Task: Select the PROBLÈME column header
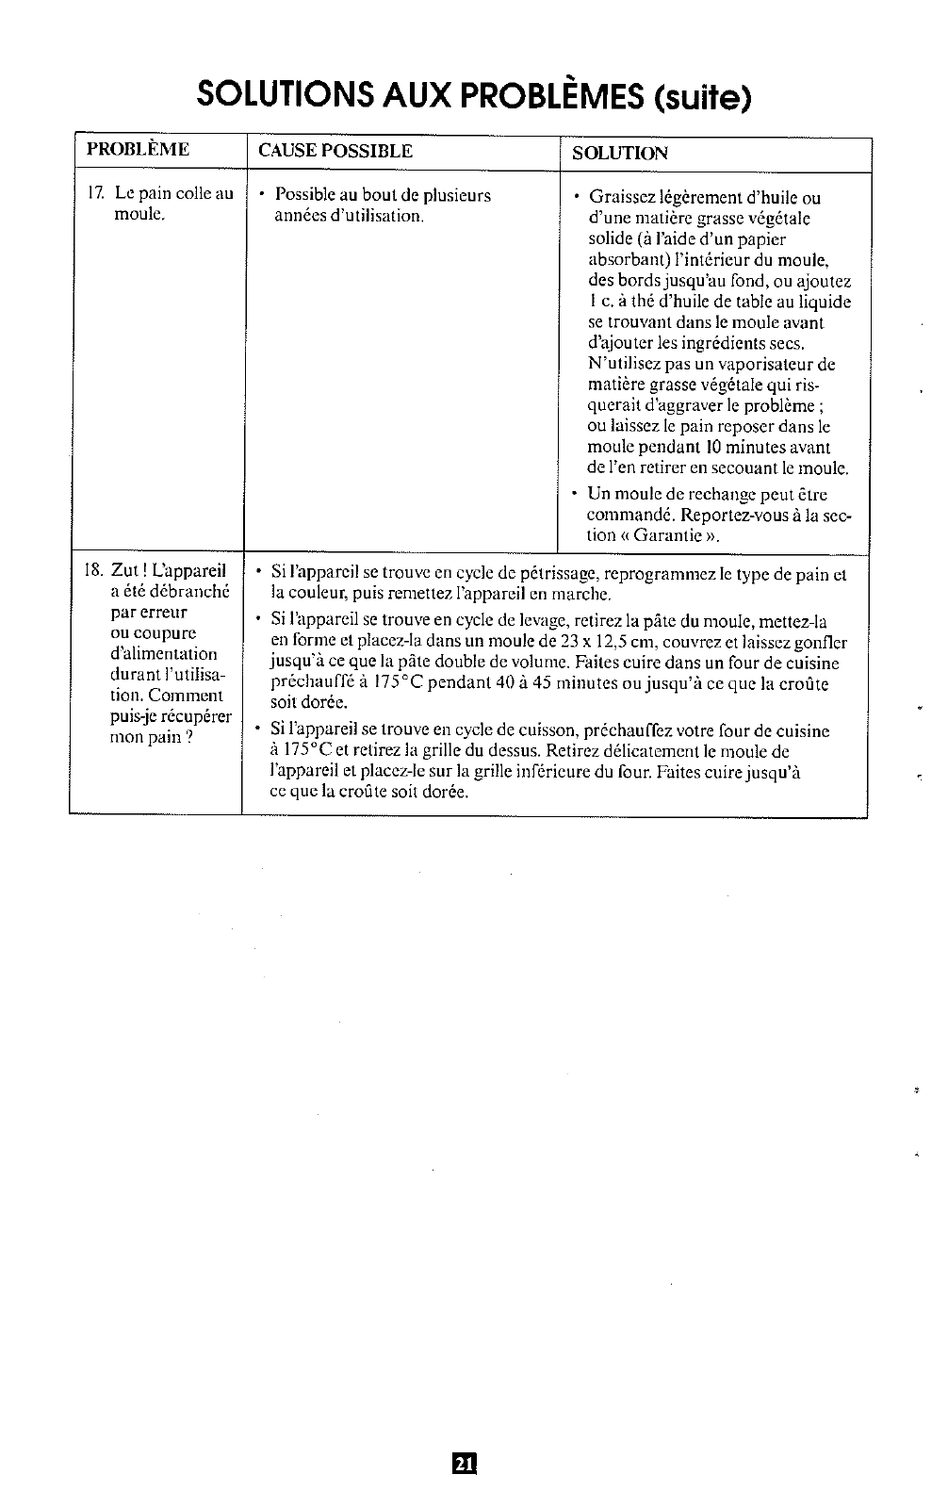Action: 138,150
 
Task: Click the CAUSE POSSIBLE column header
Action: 335,151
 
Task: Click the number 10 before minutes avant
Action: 709,448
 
